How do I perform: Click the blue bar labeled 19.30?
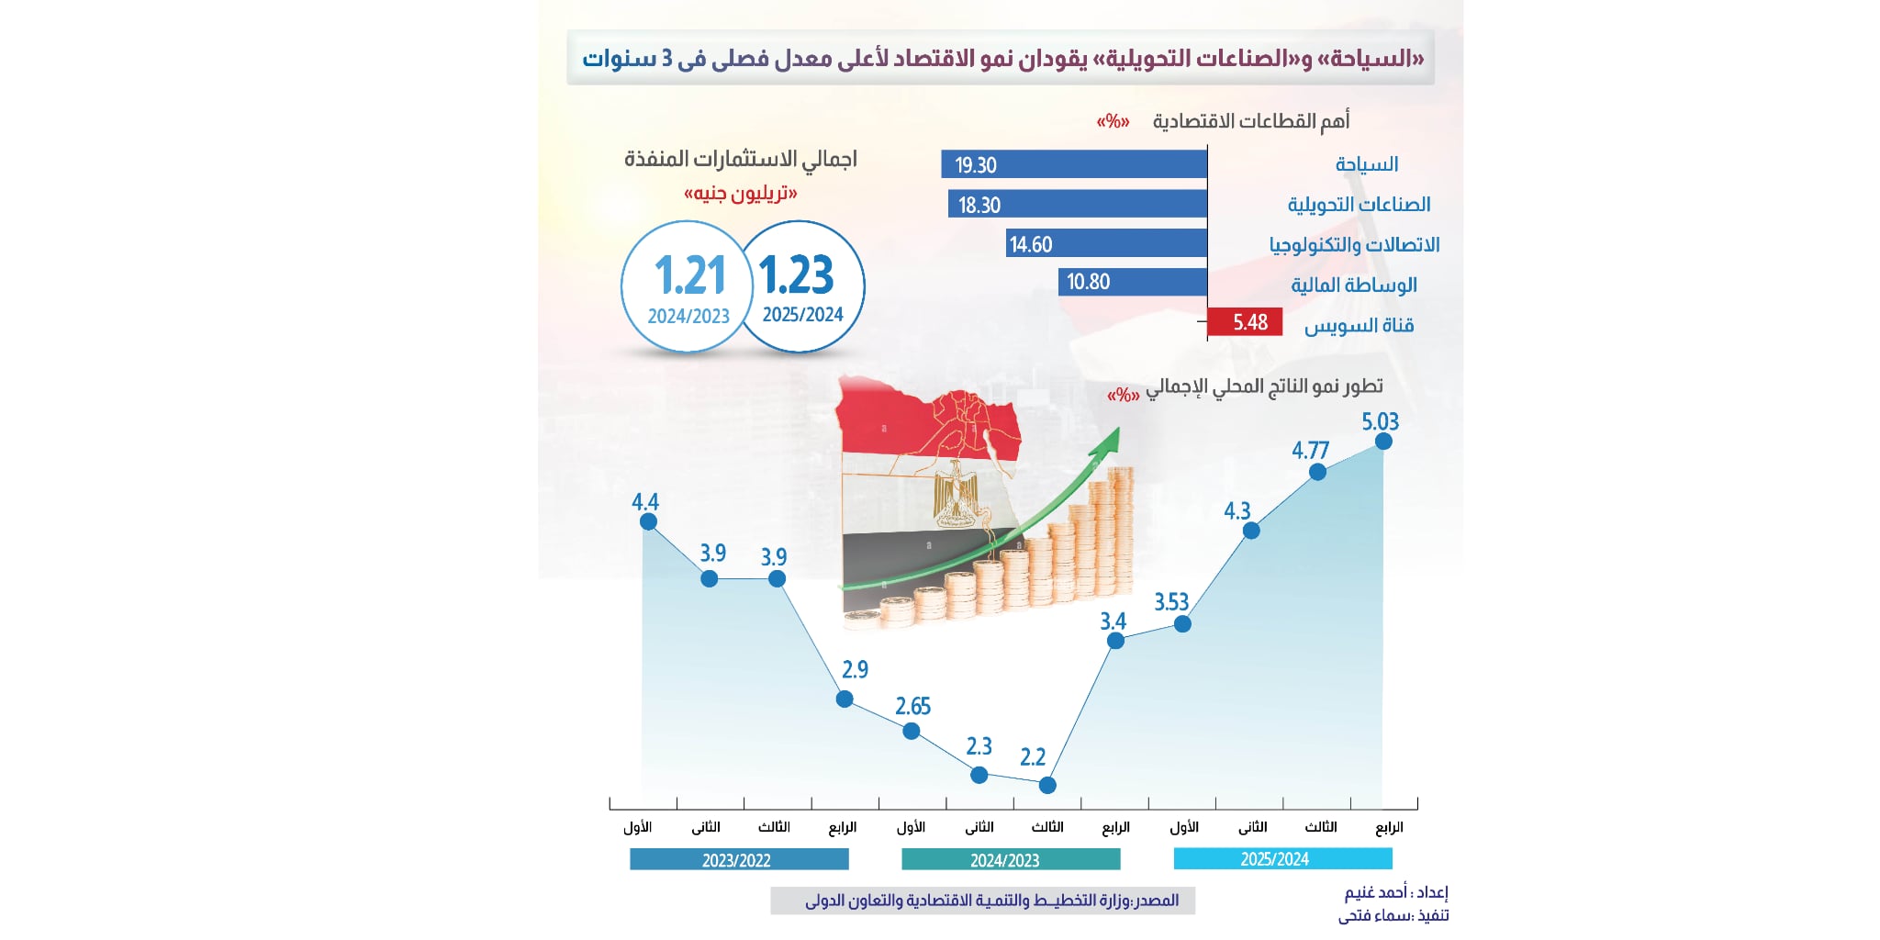[1074, 164]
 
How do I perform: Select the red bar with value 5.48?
[1245, 322]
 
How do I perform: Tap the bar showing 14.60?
[1106, 244]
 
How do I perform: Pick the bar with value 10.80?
[1133, 282]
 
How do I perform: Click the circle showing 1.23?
[801, 286]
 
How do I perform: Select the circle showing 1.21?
[687, 286]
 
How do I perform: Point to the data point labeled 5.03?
[1383, 442]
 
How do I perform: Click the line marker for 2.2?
[1047, 785]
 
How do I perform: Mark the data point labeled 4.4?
[648, 521]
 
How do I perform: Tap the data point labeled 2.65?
[912, 732]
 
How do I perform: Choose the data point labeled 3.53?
[1182, 624]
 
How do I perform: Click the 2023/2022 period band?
[739, 860]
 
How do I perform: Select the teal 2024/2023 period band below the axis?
[1011, 860]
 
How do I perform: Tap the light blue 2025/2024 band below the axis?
[1282, 859]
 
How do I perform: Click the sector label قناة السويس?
[1359, 325]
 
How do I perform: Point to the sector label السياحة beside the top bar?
[1366, 164]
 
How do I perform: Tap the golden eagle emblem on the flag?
[957, 497]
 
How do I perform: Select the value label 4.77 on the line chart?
[1310, 451]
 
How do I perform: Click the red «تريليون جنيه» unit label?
[740, 194]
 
